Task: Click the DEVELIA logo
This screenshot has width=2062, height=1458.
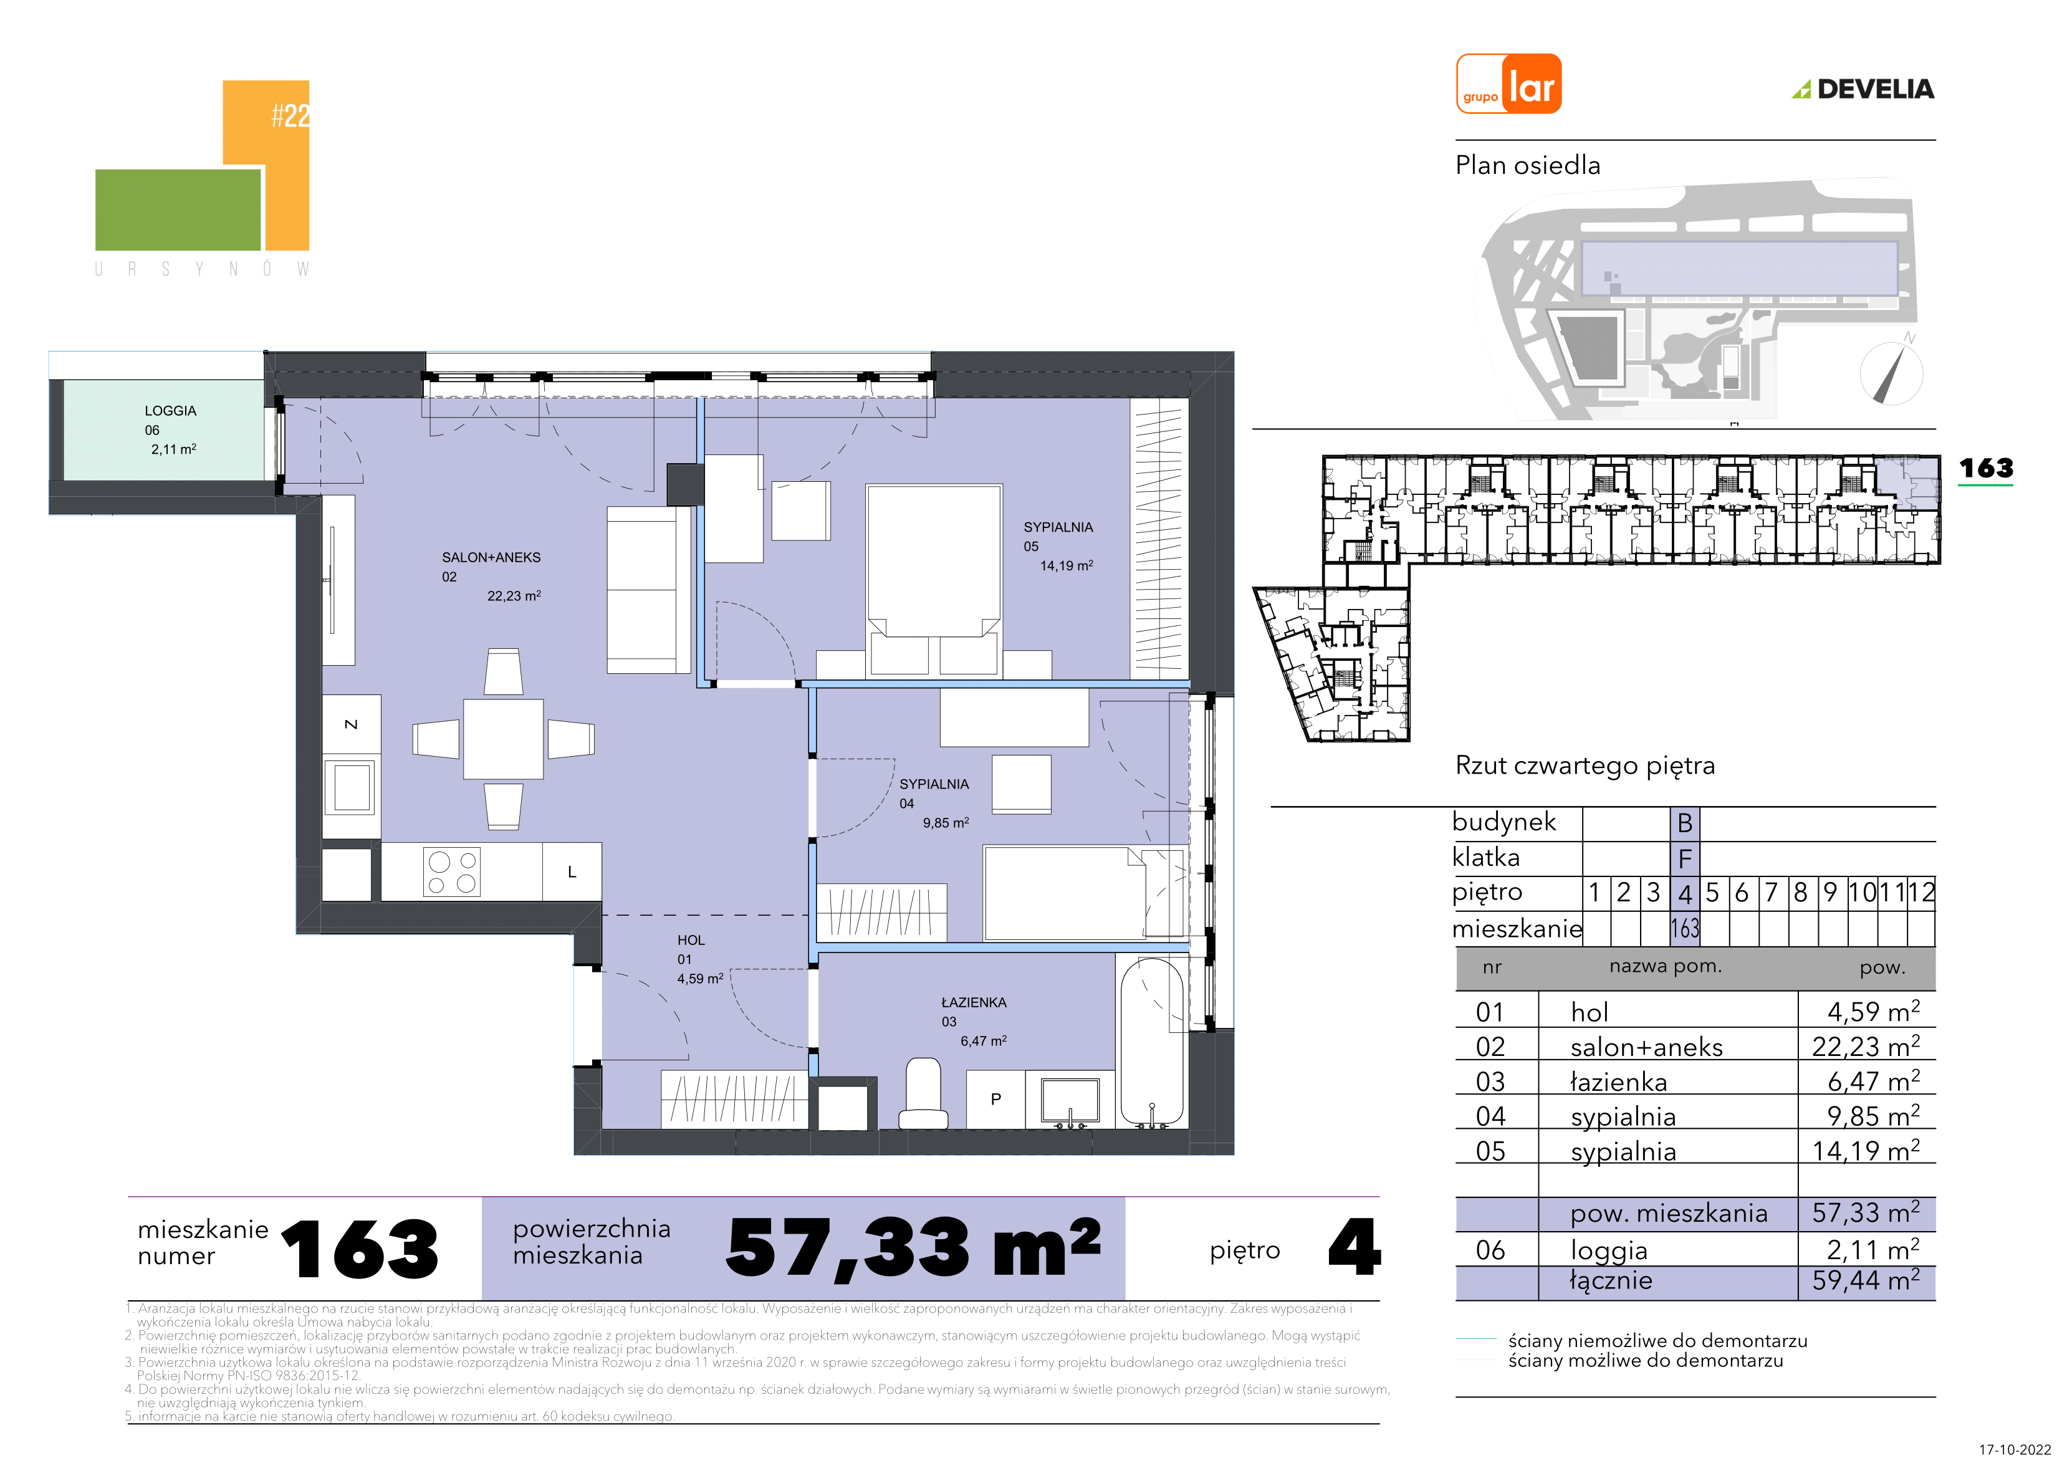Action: [x=1864, y=89]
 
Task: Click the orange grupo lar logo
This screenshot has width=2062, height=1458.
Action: [x=1508, y=84]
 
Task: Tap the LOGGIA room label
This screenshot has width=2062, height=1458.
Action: [x=171, y=411]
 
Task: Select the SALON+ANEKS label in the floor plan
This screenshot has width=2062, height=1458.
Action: [x=491, y=558]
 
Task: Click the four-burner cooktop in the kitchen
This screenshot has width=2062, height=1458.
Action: [x=452, y=871]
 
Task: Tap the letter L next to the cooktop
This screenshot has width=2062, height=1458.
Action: [x=572, y=872]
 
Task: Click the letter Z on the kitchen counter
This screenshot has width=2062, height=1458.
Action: [x=351, y=724]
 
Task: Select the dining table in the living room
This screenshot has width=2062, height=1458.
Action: [x=503, y=739]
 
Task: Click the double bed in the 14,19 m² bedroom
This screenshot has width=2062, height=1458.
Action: [x=934, y=580]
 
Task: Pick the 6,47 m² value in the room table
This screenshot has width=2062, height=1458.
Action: [x=1873, y=1081]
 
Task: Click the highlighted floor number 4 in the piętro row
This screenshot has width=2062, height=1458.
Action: [x=1685, y=894]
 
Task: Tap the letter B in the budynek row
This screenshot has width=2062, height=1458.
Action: [x=1685, y=823]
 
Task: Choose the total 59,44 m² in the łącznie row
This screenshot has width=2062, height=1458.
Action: [x=1865, y=1280]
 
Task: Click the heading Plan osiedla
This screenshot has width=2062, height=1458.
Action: [x=1528, y=165]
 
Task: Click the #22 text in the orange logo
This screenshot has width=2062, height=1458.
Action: [x=290, y=115]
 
